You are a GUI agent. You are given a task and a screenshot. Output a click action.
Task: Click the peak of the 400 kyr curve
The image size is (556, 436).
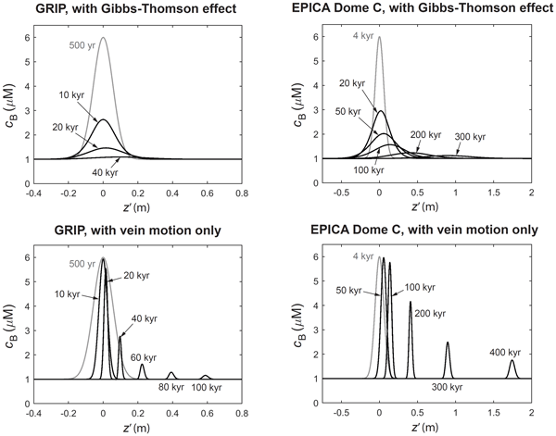click(512, 361)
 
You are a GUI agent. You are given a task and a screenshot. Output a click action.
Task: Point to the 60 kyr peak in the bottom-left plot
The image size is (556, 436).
click(142, 365)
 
